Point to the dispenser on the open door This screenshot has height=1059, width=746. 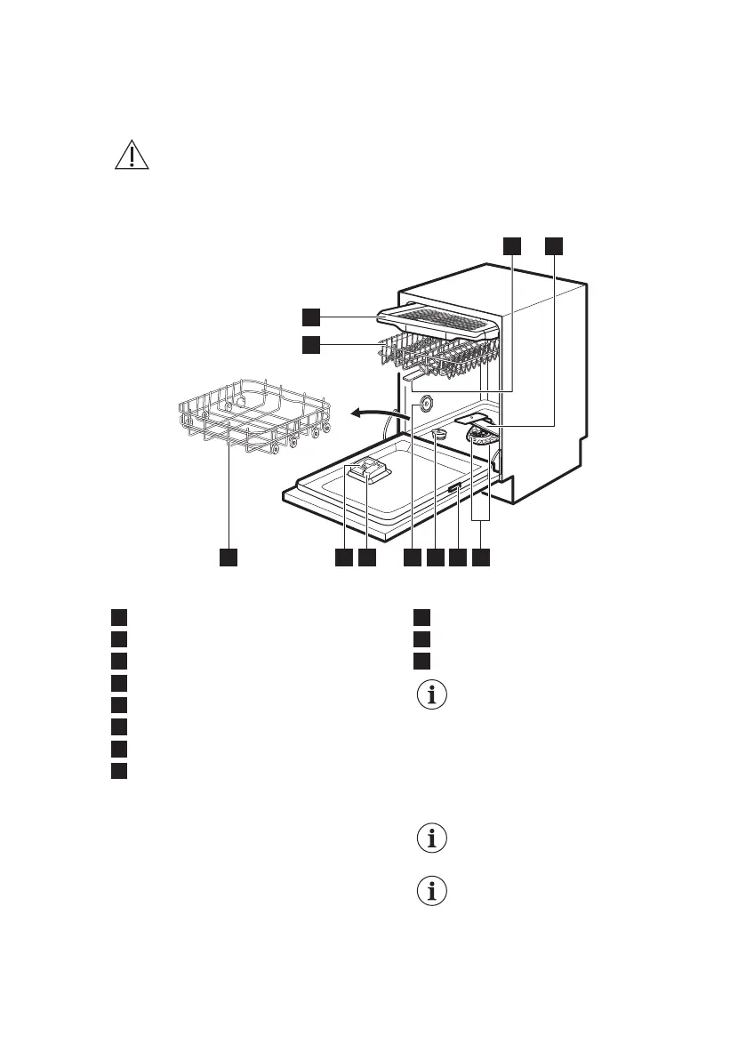pyautogui.click(x=369, y=471)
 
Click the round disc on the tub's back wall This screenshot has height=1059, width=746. pyautogui.click(x=423, y=404)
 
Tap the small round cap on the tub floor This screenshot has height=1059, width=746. pyautogui.click(x=437, y=434)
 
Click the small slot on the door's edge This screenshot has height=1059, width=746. pyautogui.click(x=453, y=490)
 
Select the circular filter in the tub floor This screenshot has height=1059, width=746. pyautogui.click(x=481, y=437)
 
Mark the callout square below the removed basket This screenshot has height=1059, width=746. pyautogui.click(x=229, y=558)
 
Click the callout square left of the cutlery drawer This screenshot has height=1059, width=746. pyautogui.click(x=309, y=317)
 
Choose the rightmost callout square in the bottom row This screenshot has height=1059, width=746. pyautogui.click(x=480, y=558)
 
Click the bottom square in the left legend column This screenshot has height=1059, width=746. pyautogui.click(x=118, y=769)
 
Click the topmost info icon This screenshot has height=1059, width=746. pyautogui.click(x=433, y=696)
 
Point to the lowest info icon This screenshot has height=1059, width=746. pyautogui.click(x=433, y=892)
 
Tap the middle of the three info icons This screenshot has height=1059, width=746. pyautogui.click(x=433, y=838)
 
